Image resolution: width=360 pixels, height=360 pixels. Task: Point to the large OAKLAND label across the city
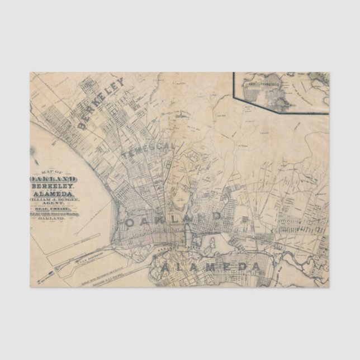tap(173, 219)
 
